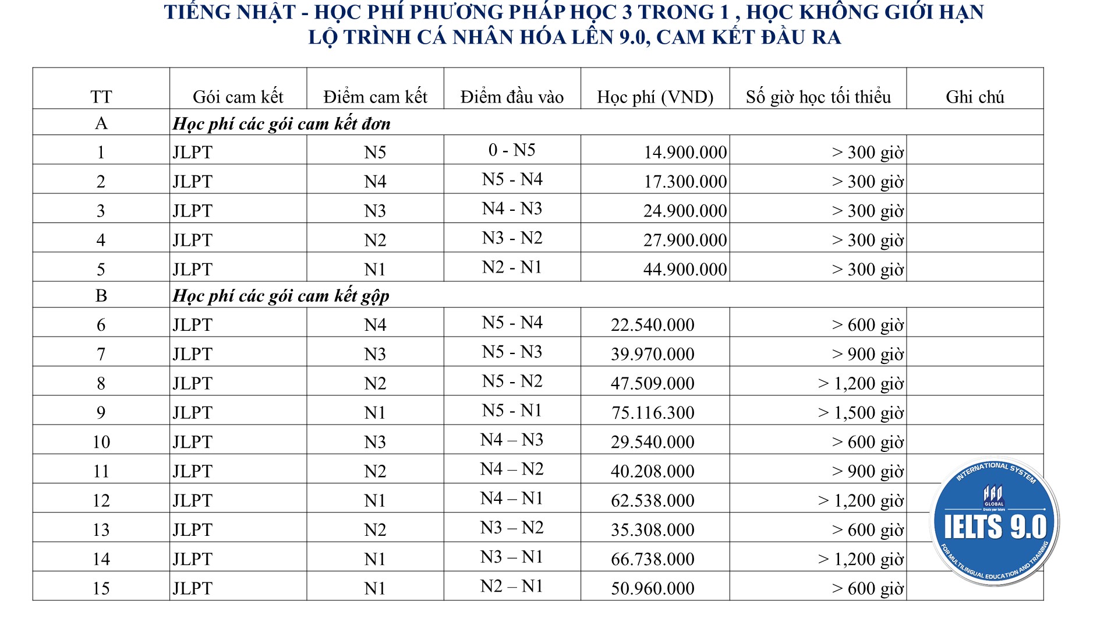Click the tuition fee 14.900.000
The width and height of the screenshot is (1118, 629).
[685, 153]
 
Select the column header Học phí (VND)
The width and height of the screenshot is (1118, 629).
[655, 97]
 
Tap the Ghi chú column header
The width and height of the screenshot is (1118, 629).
[975, 97]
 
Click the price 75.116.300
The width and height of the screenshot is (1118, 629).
[653, 413]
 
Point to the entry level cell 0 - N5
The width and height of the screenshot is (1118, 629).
[512, 150]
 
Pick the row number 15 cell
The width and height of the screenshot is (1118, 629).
[101, 588]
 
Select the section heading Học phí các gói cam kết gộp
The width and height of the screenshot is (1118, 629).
[281, 296]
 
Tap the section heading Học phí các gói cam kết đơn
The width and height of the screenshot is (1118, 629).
[281, 124]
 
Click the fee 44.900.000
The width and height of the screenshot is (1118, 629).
[685, 270]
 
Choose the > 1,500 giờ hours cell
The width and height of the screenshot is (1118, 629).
[861, 413]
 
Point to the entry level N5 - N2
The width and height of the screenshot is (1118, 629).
[512, 381]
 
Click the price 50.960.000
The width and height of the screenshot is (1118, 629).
[653, 589]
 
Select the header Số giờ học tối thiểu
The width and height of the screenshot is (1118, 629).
[818, 97]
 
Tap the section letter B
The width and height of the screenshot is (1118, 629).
[101, 296]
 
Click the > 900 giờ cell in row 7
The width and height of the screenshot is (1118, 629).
[868, 354]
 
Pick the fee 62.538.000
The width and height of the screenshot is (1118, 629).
[653, 501]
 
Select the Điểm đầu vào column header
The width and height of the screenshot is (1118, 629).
[512, 97]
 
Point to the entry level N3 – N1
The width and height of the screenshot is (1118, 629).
[512, 557]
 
